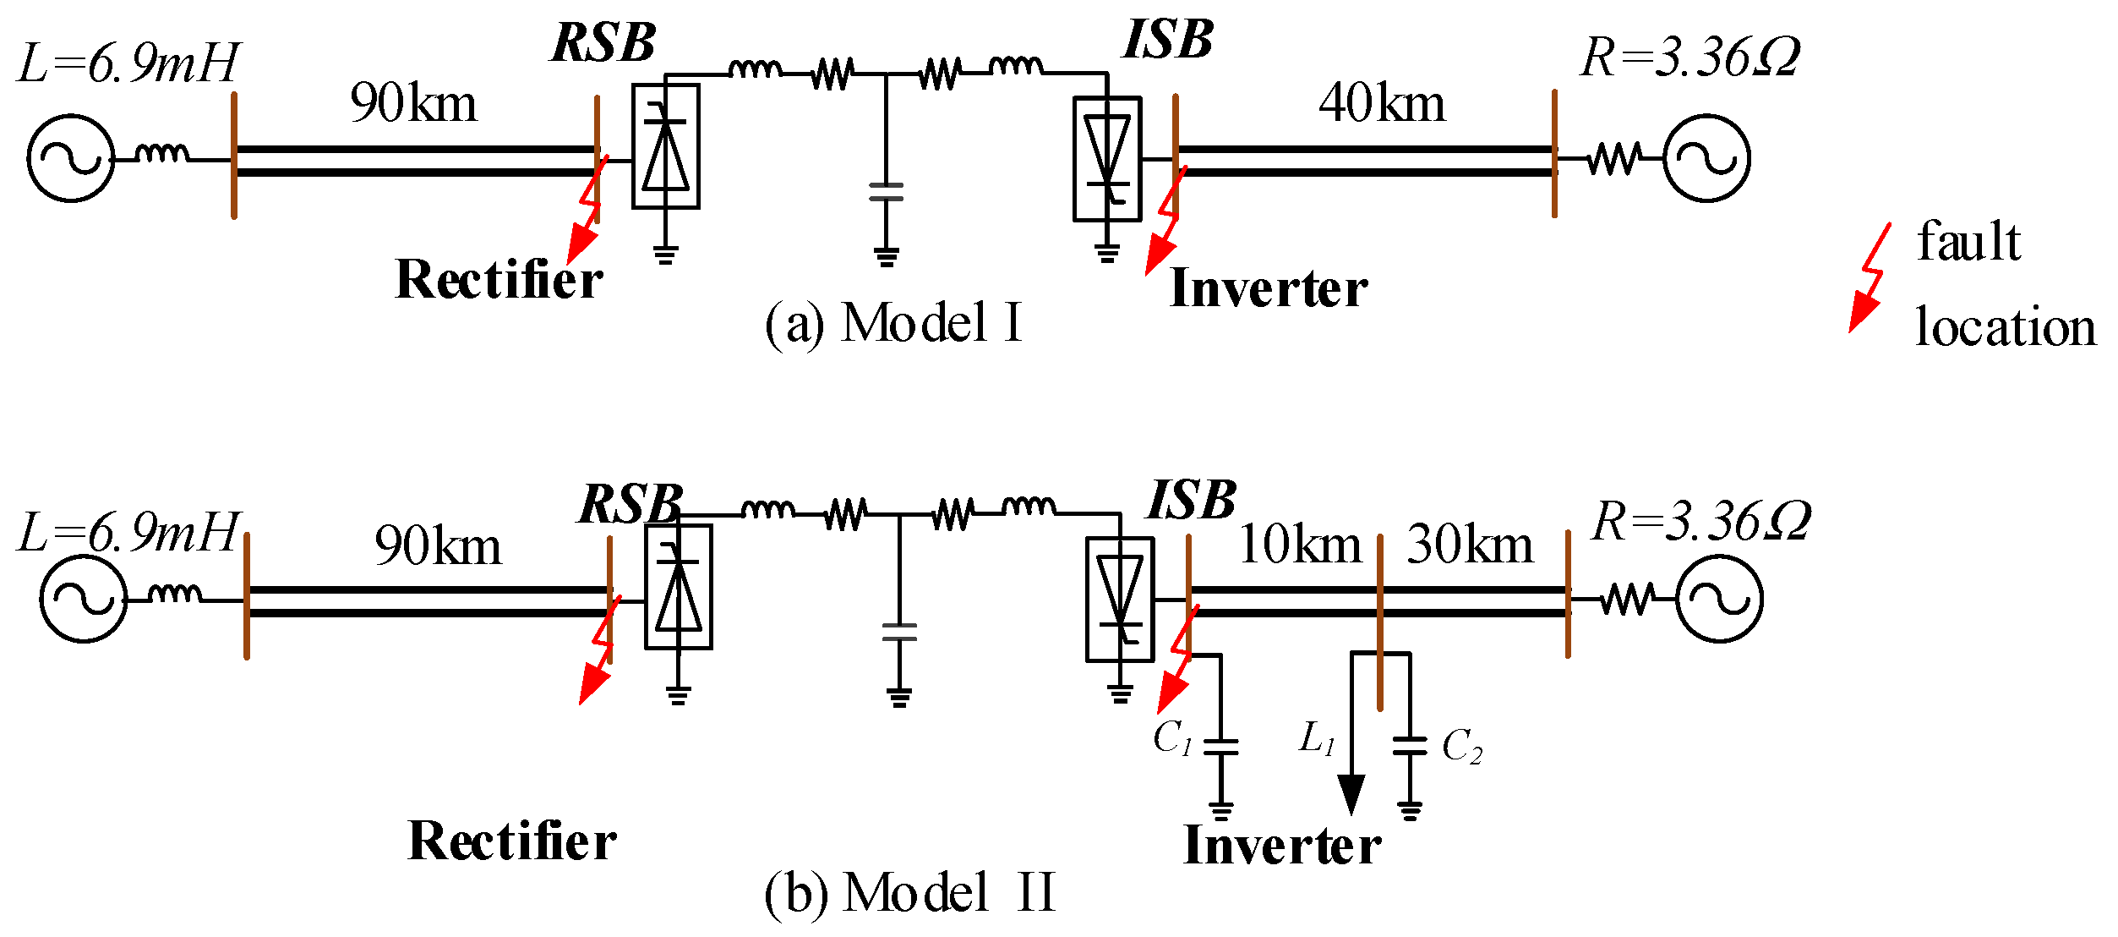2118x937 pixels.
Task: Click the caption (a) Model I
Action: pyautogui.click(x=893, y=323)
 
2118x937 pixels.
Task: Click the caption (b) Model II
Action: pyautogui.click(x=909, y=893)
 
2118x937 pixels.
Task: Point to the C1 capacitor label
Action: pyautogui.click(x=1172, y=737)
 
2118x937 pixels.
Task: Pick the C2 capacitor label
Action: pyautogui.click(x=1461, y=747)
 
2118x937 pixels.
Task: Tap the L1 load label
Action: pyautogui.click(x=1317, y=738)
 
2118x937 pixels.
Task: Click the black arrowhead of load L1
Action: pyautogui.click(x=1351, y=793)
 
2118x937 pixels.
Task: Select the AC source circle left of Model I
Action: pyautogui.click(x=71, y=158)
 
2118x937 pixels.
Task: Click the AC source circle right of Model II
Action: pyautogui.click(x=1719, y=599)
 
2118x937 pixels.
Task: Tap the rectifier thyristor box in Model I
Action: pyautogui.click(x=666, y=145)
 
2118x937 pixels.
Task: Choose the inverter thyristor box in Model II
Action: pyautogui.click(x=1120, y=599)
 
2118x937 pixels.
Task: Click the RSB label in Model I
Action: pyautogui.click(x=603, y=42)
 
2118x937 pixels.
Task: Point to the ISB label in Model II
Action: pyautogui.click(x=1192, y=500)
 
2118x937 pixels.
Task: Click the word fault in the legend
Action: pyautogui.click(x=1968, y=242)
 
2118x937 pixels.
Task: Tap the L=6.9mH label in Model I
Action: pyautogui.click(x=128, y=63)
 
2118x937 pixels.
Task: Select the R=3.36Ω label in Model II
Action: pyautogui.click(x=1700, y=521)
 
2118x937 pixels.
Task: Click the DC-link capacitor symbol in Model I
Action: pyautogui.click(x=886, y=192)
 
